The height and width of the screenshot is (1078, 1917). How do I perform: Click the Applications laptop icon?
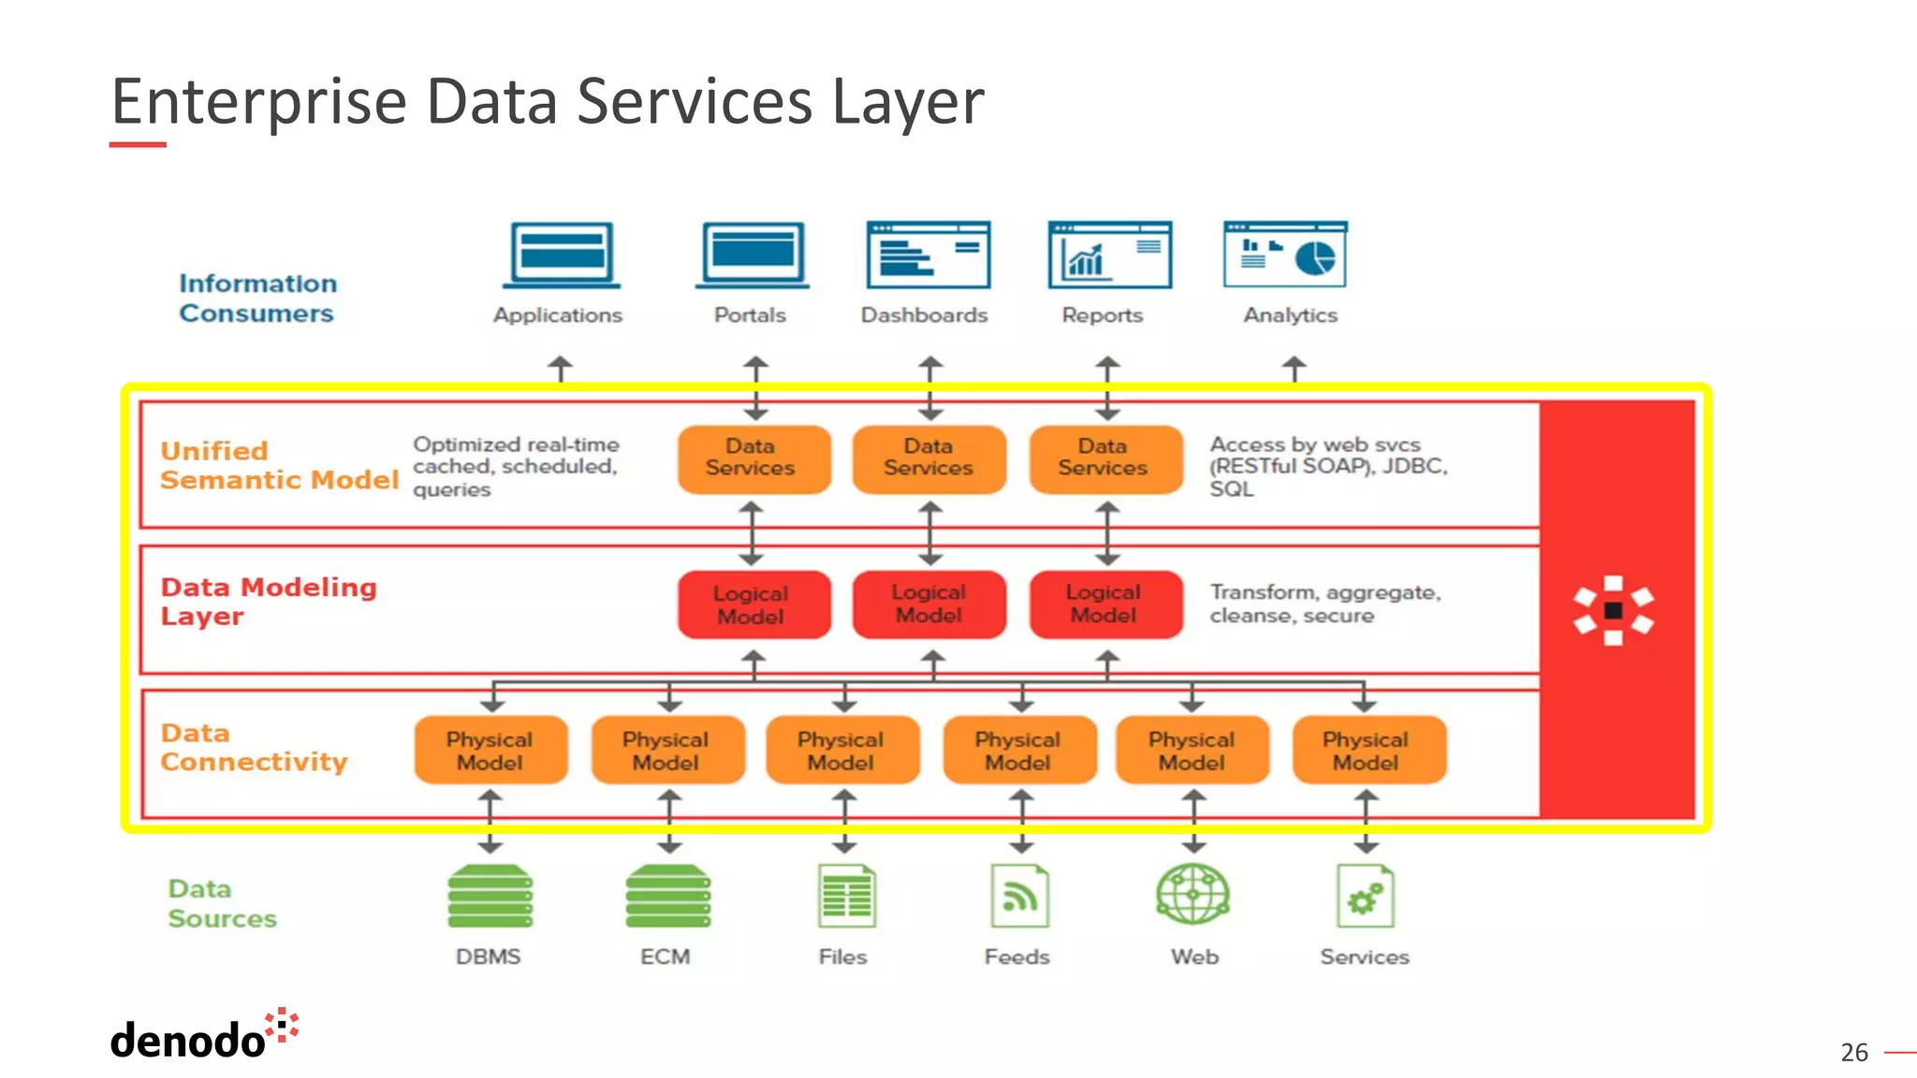[561, 255]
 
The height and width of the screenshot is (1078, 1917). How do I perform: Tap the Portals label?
[750, 315]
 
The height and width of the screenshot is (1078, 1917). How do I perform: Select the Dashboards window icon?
[928, 255]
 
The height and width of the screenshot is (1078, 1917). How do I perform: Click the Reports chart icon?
[1109, 255]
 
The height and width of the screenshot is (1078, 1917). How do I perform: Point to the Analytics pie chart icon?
[1285, 254]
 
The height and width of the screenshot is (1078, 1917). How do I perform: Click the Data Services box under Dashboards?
[929, 458]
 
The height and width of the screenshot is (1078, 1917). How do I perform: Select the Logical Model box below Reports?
[1105, 605]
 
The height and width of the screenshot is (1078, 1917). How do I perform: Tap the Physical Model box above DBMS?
[490, 750]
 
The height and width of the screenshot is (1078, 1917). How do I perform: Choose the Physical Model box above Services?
[1368, 750]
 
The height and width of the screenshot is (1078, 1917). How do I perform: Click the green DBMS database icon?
[490, 896]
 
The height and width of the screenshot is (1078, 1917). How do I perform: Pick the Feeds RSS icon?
[1019, 896]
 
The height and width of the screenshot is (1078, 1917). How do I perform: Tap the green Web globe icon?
[1193, 894]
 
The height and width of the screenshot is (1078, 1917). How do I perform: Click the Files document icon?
[846, 896]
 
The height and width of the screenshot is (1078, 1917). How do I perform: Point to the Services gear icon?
[1365, 896]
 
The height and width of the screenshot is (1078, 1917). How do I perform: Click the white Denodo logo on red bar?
[1613, 610]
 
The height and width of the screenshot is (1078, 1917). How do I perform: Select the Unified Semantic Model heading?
[278, 465]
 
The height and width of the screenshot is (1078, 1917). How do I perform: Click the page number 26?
[1853, 1053]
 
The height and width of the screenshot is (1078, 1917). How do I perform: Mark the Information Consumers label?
[257, 299]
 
